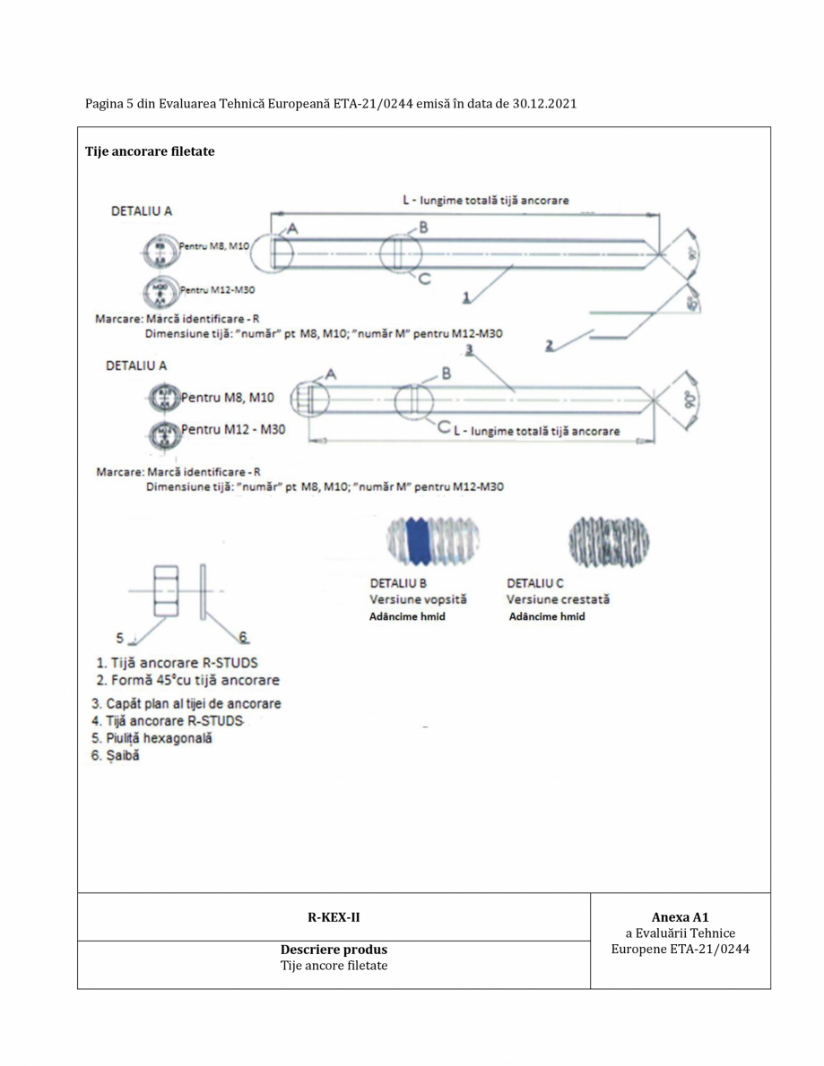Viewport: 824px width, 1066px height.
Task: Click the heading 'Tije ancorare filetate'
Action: tap(150, 151)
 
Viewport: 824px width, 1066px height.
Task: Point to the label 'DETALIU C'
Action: tap(535, 583)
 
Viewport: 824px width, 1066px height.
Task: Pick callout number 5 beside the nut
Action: tap(120, 638)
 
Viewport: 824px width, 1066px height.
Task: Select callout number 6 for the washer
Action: tap(242, 638)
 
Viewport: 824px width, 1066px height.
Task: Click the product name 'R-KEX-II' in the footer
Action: tap(334, 916)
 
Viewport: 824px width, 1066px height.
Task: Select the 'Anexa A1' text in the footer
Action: tap(680, 917)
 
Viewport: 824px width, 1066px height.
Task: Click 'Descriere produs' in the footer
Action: tap(334, 950)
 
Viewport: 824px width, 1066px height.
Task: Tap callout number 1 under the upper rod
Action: tap(465, 295)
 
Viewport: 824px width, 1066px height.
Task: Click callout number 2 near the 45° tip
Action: tap(549, 343)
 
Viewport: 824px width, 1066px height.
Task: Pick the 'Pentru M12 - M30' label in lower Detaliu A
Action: tap(233, 430)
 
